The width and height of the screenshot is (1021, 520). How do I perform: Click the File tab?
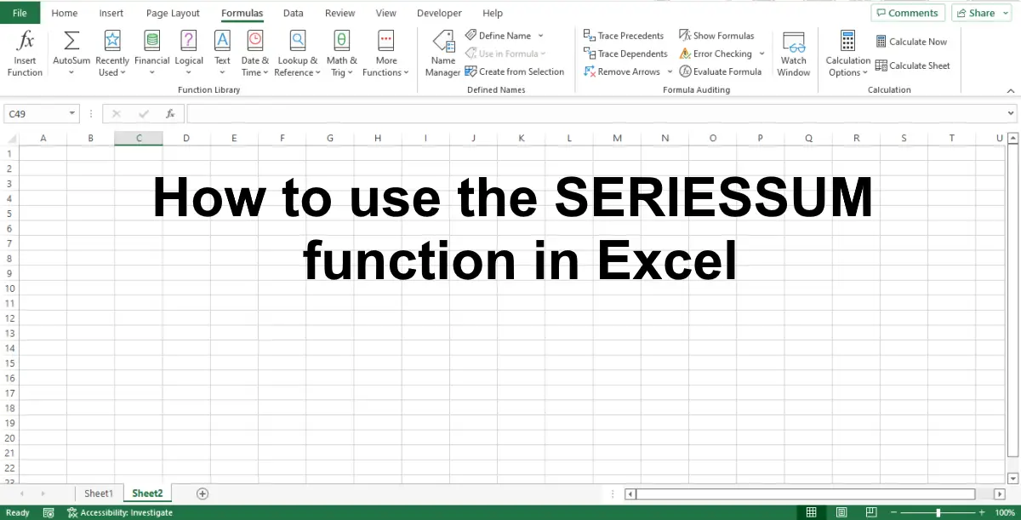click(20, 13)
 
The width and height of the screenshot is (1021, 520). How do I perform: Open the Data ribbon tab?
click(293, 14)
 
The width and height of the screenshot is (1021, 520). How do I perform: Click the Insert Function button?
click(25, 54)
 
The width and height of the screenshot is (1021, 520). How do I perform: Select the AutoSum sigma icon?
click(71, 41)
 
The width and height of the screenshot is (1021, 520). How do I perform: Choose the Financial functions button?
click(151, 54)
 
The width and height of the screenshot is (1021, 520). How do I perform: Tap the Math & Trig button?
click(341, 54)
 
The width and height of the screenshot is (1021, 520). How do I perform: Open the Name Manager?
click(442, 54)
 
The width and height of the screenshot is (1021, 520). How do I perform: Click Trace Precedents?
click(624, 36)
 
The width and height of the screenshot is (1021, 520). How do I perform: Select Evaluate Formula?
click(720, 71)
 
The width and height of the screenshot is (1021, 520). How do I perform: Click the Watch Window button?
click(794, 54)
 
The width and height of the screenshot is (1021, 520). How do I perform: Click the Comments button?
click(908, 13)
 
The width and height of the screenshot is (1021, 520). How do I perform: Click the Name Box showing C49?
click(41, 113)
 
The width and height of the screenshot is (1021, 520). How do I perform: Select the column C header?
click(139, 138)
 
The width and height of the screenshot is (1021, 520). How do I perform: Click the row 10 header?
click(9, 289)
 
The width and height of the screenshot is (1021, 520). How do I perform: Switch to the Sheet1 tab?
click(99, 493)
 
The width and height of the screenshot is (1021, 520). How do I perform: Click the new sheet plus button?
click(202, 494)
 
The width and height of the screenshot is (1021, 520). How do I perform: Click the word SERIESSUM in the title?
click(713, 197)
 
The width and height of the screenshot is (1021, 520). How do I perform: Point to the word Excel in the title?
click(667, 260)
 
